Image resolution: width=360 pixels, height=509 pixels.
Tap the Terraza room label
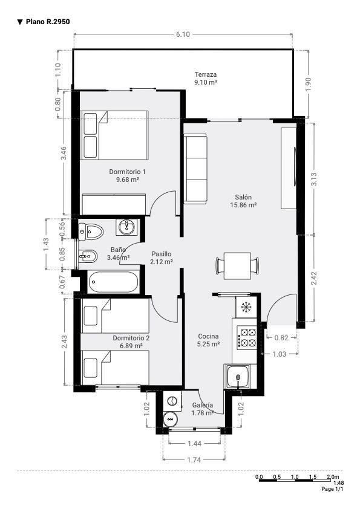206,74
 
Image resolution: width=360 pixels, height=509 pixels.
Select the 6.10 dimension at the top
183,34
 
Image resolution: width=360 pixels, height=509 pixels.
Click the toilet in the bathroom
91,232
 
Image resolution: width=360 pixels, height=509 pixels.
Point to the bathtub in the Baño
113,282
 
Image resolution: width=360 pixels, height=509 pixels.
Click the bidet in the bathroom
88,258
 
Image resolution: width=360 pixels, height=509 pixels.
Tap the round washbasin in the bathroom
128,227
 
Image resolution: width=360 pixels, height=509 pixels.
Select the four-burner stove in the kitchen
247,337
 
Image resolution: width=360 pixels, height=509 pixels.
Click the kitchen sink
238,376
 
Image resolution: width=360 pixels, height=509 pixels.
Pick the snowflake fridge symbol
247,306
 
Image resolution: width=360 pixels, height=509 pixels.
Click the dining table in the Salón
238,266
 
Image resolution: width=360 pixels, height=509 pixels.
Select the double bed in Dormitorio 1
114,135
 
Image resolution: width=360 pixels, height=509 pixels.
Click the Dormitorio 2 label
131,338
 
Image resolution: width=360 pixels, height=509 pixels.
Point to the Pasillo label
161,254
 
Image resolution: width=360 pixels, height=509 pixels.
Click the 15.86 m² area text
243,205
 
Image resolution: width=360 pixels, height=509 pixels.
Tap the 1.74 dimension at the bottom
194,459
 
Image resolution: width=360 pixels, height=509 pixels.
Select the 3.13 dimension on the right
314,179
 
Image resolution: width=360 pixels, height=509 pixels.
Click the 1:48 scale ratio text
339,483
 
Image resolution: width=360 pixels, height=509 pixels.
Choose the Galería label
203,405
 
